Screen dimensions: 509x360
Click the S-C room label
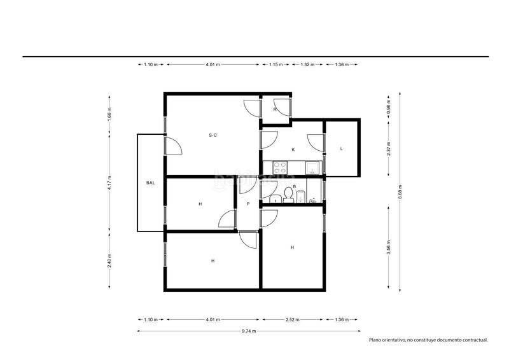point(213,135)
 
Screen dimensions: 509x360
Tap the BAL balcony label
point(150,183)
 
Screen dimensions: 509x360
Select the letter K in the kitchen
point(293,149)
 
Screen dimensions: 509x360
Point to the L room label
point(341,149)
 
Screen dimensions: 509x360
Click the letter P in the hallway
point(248,204)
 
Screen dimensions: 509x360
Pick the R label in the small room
point(275,109)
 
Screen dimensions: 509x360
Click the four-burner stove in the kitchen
point(280,167)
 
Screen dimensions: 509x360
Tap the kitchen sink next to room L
point(312,168)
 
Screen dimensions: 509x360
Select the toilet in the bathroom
point(288,195)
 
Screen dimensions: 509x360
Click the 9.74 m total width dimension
point(249,331)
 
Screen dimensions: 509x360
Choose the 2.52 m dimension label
point(293,320)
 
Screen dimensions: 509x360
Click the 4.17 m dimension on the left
point(109,183)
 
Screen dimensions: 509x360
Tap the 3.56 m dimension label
point(389,247)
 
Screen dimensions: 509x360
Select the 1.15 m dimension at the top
point(275,65)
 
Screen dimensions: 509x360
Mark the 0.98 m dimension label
point(389,106)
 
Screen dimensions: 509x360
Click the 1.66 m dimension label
point(109,114)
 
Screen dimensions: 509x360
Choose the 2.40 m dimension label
point(109,261)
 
